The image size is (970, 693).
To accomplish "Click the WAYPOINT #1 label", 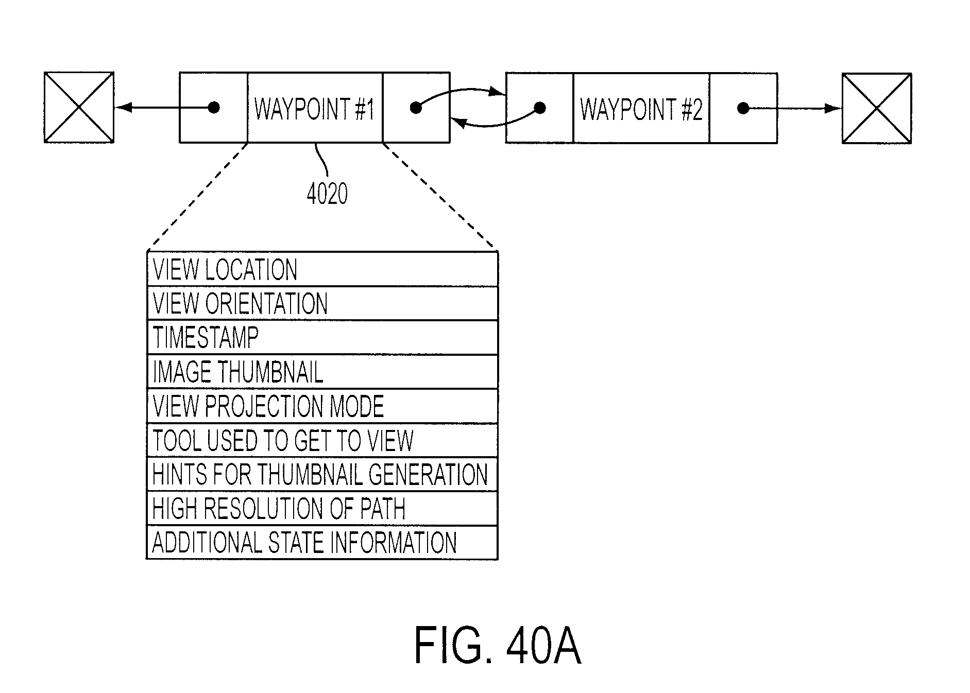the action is pyautogui.click(x=314, y=109).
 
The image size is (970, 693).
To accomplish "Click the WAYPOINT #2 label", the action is pyautogui.click(x=641, y=109).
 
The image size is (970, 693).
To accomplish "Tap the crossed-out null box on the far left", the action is pyautogui.click(x=79, y=107).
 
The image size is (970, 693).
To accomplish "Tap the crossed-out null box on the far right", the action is pyautogui.click(x=877, y=108).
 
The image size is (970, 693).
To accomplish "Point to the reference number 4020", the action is pyautogui.click(x=327, y=194).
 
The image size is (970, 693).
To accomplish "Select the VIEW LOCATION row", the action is pyautogui.click(x=322, y=269).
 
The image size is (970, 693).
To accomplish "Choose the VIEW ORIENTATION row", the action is pyautogui.click(x=322, y=303).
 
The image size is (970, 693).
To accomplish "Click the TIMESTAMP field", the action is pyautogui.click(x=322, y=337).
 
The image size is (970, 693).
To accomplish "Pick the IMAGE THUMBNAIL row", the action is pyautogui.click(x=322, y=371).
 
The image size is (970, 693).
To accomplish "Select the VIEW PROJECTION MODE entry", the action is pyautogui.click(x=322, y=406).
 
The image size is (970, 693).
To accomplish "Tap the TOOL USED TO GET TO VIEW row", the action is pyautogui.click(x=322, y=440).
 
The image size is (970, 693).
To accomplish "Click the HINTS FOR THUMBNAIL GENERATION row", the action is pyautogui.click(x=322, y=474).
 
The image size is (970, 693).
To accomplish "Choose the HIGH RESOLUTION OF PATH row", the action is pyautogui.click(x=322, y=508).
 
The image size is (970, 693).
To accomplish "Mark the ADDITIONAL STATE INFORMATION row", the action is pyautogui.click(x=322, y=542).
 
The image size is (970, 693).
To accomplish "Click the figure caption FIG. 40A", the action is pyautogui.click(x=498, y=646).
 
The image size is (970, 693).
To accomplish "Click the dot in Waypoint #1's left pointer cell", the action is pyautogui.click(x=214, y=107).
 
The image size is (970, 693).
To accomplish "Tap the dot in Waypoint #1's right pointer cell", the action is pyautogui.click(x=416, y=108).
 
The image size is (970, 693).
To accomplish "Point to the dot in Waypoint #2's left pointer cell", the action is pyautogui.click(x=540, y=108).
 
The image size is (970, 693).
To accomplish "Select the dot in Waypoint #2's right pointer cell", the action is pyautogui.click(x=743, y=108).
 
